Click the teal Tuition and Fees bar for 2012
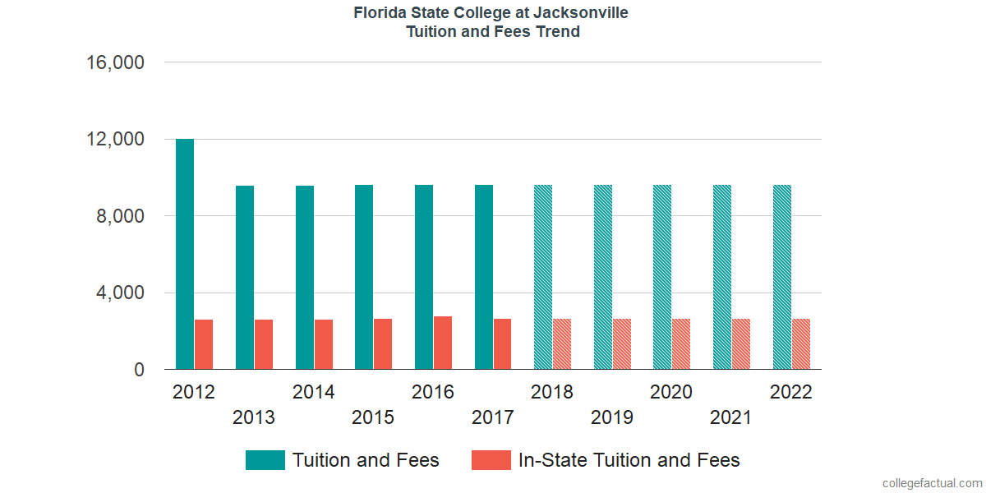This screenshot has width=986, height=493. tap(184, 255)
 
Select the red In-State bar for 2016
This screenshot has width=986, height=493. tap(443, 343)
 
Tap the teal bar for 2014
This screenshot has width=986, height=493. tap(304, 278)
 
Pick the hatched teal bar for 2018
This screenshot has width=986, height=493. tap(543, 278)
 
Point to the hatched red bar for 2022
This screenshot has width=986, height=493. tap(801, 344)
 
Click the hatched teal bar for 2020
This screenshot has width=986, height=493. tap(662, 278)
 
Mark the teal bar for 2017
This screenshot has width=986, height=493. tap(483, 278)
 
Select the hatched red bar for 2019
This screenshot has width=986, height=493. tap(622, 344)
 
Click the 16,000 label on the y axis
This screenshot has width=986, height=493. tap(115, 62)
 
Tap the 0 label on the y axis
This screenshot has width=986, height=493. tap(139, 370)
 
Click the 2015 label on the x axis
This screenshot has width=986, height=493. tap(373, 417)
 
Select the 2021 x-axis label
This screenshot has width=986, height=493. tap(731, 417)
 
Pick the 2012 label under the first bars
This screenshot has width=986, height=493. tap(194, 392)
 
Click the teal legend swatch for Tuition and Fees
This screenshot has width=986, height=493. tap(265, 460)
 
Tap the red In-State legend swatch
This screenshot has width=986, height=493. tap(491, 460)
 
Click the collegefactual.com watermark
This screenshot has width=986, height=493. tap(932, 483)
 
